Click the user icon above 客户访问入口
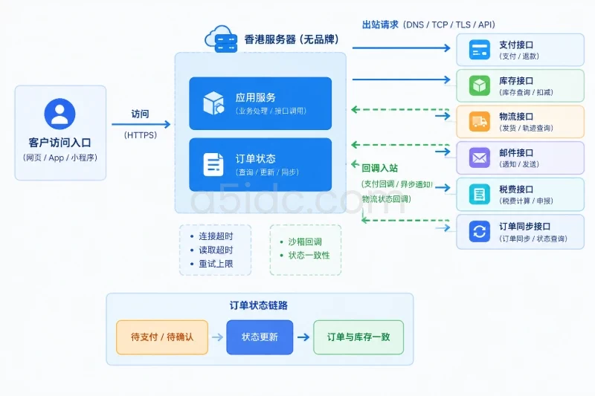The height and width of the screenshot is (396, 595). (59, 114)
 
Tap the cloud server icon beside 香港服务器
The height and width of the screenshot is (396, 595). (221, 39)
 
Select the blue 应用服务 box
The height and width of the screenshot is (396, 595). (260, 103)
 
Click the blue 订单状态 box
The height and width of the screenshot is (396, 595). (260, 164)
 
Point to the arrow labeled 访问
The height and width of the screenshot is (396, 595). (141, 124)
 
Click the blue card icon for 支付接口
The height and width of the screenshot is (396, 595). (479, 50)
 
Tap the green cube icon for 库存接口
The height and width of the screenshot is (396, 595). (479, 85)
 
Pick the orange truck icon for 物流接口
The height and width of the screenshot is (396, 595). (479, 121)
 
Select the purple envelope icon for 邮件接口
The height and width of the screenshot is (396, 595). (479, 158)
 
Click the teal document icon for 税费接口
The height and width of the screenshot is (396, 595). (479, 194)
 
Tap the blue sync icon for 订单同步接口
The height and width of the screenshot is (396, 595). (479, 231)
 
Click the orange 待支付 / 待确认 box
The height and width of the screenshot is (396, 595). (162, 337)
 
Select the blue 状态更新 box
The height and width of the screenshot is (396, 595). (260, 337)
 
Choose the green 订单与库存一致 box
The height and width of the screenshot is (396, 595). (358, 337)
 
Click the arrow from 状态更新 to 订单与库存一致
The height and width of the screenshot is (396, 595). (303, 337)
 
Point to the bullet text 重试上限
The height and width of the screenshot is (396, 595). (216, 264)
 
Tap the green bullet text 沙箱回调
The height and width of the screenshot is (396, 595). (305, 241)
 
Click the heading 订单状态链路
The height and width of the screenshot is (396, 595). (258, 305)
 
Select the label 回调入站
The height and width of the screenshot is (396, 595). (379, 168)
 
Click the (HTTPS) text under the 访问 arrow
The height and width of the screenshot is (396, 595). (141, 135)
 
